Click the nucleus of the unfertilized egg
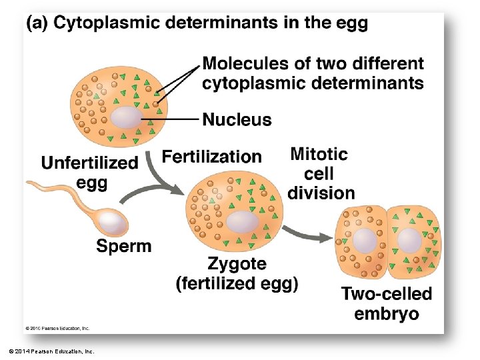tap(127, 117)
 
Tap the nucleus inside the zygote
tap(243, 222)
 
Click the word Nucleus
tap(237, 119)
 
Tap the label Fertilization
tap(211, 157)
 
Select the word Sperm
tap(124, 247)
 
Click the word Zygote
tap(237, 264)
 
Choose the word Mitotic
tap(319, 154)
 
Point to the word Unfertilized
tap(90, 163)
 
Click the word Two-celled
tap(387, 293)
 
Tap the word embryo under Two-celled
tap(387, 314)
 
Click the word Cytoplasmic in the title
tap(106, 23)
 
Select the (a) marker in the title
tap(37, 23)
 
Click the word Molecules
tap(245, 64)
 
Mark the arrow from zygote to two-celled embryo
tap(307, 234)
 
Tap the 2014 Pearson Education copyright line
tap(52, 351)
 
